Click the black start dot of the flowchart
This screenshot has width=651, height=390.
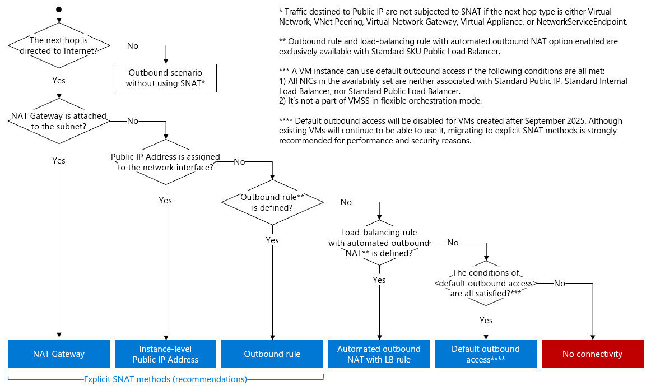point(59,10)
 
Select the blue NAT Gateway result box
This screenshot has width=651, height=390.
point(59,354)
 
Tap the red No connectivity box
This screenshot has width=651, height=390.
point(592,354)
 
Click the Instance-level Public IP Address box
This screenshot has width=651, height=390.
point(165,354)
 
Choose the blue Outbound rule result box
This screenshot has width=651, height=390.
point(272,354)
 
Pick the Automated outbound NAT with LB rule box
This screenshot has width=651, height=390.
point(379,354)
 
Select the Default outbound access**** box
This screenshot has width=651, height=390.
point(486,354)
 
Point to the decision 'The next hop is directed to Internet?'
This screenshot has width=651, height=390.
point(59,45)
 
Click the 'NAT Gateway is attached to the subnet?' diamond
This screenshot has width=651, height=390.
point(59,120)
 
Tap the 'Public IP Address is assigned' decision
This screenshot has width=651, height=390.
point(165,162)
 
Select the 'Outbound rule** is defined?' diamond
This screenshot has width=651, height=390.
point(272,202)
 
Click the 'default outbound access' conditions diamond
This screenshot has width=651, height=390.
point(486,283)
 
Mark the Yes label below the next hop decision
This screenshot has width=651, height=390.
point(59,81)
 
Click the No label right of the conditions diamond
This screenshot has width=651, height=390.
point(559,283)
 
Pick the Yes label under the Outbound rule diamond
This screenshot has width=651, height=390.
point(272,240)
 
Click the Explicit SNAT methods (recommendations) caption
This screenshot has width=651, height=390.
point(165,379)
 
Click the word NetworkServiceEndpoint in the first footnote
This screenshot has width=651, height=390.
point(582,21)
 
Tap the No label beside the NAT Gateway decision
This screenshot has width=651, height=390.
point(133,120)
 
